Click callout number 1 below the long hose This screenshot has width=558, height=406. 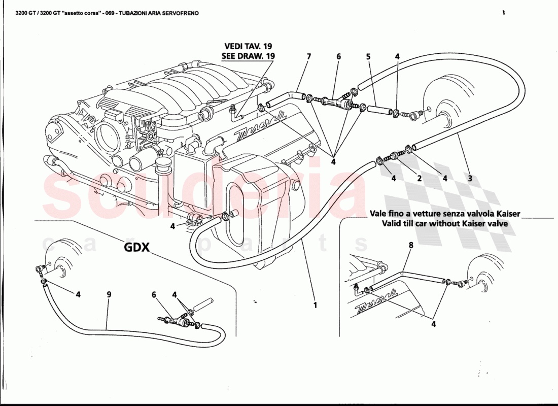[x=315, y=305]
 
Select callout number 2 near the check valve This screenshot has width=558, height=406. [x=420, y=178]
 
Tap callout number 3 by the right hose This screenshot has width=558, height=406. [x=470, y=178]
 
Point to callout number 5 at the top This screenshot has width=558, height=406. [x=368, y=57]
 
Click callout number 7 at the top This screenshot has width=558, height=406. [x=308, y=57]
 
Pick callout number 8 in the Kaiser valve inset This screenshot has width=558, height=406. [x=411, y=245]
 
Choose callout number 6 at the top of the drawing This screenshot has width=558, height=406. [x=338, y=57]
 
